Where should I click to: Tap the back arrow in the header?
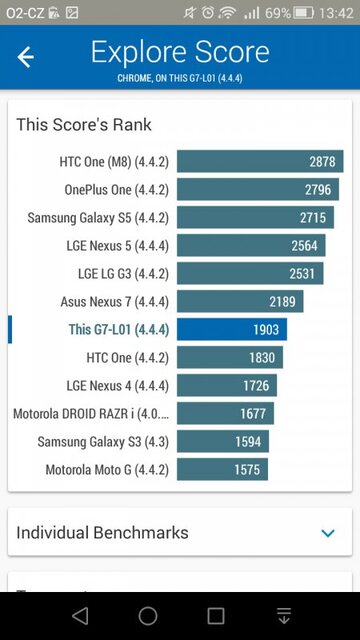26,57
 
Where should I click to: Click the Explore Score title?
180,52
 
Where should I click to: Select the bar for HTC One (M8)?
260,162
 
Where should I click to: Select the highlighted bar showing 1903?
231,330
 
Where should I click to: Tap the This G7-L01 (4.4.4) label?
118,330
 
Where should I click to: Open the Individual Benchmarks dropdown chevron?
328,533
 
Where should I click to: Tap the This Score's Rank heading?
84,125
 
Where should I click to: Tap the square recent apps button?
216,615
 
